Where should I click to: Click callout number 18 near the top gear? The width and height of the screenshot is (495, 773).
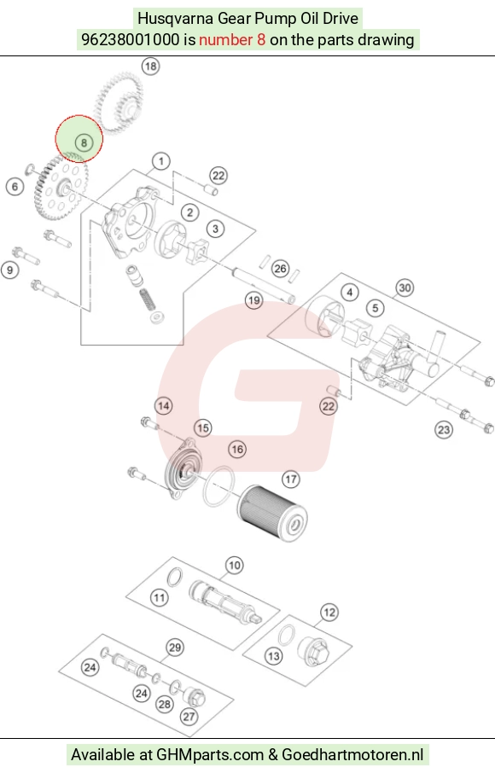point(150,66)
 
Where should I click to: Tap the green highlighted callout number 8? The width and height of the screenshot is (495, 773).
point(84,142)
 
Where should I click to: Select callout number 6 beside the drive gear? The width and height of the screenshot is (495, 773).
point(15,187)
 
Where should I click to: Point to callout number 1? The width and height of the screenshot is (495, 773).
point(160,161)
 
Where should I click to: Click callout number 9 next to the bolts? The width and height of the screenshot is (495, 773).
point(10,270)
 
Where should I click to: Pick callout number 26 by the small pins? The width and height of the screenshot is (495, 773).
point(280,269)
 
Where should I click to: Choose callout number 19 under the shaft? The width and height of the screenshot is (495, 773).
point(254,300)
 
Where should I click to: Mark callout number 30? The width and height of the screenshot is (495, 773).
point(405,288)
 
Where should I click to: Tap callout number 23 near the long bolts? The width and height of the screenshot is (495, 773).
point(444,430)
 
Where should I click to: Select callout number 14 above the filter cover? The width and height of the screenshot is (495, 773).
point(164,406)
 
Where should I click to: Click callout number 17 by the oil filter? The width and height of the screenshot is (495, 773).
point(291,479)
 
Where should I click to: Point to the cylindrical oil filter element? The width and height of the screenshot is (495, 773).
point(272,513)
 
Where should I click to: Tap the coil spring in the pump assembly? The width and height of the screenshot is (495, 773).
point(146,299)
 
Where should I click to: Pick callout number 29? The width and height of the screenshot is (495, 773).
point(175,648)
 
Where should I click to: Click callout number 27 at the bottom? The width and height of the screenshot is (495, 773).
point(189,717)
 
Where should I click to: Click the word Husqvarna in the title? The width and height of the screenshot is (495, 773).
point(175,19)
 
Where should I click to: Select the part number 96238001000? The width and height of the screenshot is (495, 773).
point(131,39)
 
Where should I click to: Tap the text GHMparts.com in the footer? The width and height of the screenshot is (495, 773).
point(210,755)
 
